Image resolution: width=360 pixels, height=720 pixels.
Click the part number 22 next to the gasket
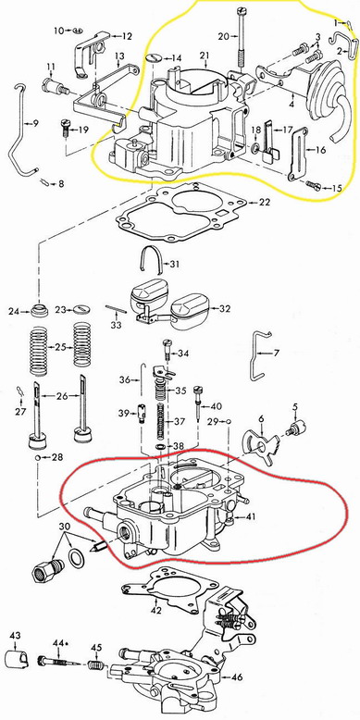pos(265,202)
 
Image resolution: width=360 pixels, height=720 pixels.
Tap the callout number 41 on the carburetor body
pos(250,516)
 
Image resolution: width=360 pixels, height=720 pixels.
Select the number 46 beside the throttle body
pos(237,677)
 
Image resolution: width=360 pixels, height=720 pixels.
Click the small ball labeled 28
pos(38,458)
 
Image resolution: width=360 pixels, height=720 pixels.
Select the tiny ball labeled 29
pos(229,420)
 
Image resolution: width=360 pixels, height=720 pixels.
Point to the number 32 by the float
pos(224,308)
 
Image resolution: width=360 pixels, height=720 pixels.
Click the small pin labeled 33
pos(116,309)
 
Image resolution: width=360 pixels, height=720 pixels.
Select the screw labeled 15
pos(314,186)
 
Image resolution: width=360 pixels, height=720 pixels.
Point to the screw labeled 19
pos(66,128)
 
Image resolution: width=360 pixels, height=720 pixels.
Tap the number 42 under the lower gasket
pos(157,610)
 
